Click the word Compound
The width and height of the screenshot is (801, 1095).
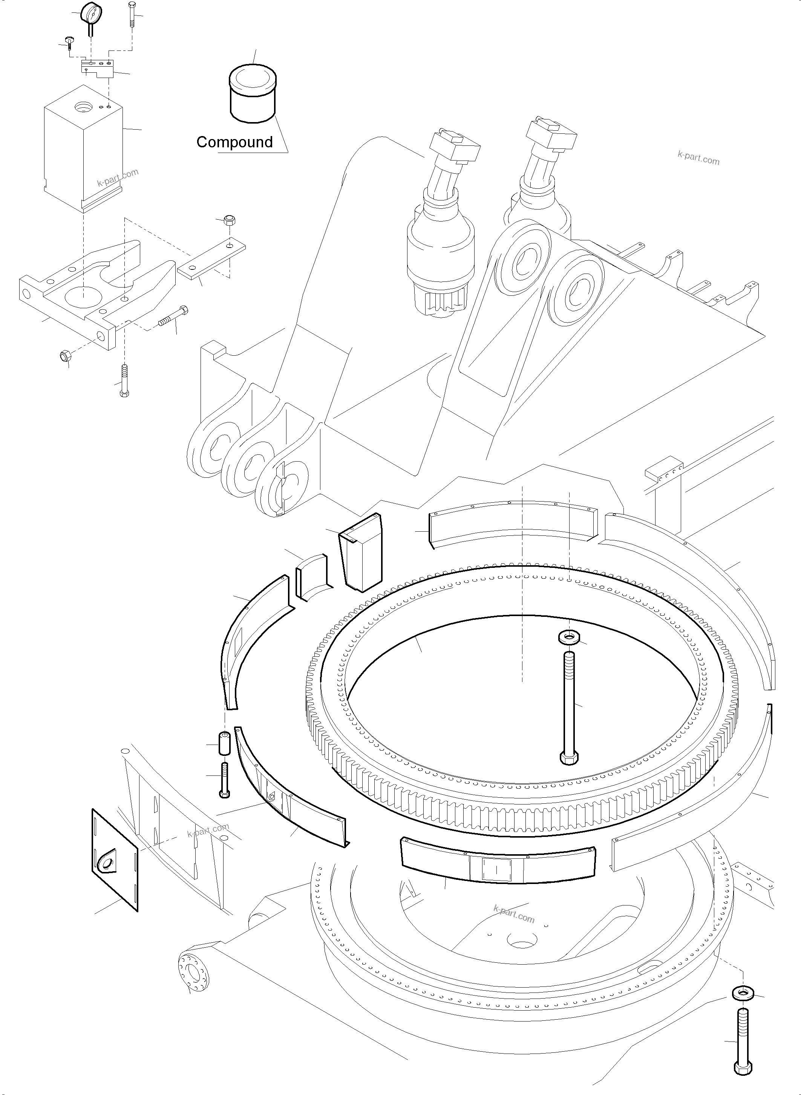235,142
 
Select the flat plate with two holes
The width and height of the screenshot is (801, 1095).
212,261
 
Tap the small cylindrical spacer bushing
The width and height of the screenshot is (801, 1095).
224,743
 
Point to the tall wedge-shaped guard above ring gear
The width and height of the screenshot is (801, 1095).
361,553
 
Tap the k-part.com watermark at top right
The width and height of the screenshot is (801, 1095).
698,158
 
